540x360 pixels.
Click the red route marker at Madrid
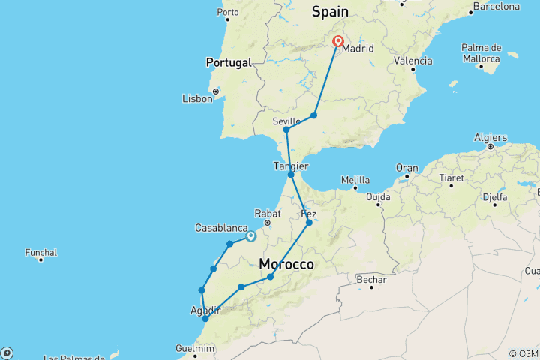pyautogui.click(x=338, y=42)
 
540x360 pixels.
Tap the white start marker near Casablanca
pyautogui.click(x=250, y=236)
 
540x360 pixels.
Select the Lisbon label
pyautogui.click(x=197, y=98)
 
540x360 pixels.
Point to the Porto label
pyautogui.click(x=227, y=12)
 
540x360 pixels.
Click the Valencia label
pyautogui.click(x=415, y=61)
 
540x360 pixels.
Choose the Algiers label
pyautogui.click(x=490, y=138)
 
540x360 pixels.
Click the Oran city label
pyautogui.click(x=407, y=168)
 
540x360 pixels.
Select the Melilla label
pyautogui.click(x=355, y=180)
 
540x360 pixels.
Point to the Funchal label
pyautogui.click(x=41, y=253)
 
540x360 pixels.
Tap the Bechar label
pyautogui.click(x=372, y=280)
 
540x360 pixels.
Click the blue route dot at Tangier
pyautogui.click(x=291, y=175)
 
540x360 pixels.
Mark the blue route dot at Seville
pyautogui.click(x=286, y=130)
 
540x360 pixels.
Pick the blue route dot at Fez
pyautogui.click(x=309, y=223)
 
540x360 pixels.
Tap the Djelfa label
pyautogui.click(x=494, y=199)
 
